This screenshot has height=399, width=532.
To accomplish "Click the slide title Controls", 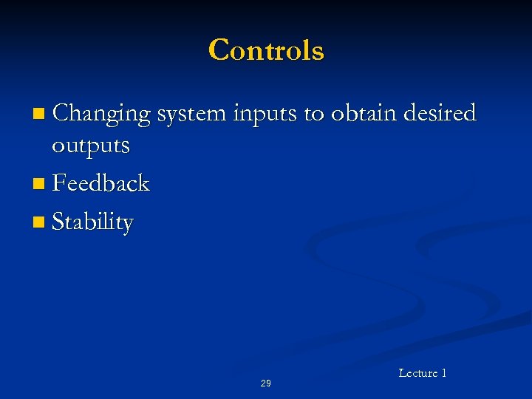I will click(x=266, y=50).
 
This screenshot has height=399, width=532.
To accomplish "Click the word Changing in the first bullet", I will click(x=101, y=114).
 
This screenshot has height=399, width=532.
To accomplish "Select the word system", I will click(x=191, y=115).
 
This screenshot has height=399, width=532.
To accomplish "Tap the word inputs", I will click(x=265, y=115).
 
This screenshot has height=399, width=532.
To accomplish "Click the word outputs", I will click(x=90, y=146).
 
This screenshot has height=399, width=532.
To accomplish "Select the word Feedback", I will click(x=101, y=183).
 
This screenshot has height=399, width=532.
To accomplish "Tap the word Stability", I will click(x=93, y=222).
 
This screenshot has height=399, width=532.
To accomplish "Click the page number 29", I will click(x=265, y=383).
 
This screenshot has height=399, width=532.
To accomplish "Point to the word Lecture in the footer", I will click(x=417, y=373).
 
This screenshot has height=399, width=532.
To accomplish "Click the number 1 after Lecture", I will click(x=443, y=373).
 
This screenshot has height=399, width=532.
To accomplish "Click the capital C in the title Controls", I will click(x=219, y=50).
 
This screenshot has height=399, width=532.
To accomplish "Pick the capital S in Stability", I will click(x=60, y=222).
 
